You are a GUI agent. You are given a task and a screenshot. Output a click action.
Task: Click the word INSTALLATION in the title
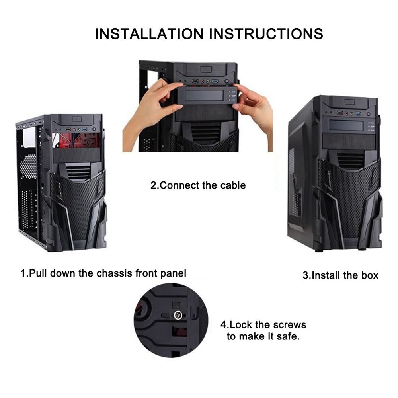149,33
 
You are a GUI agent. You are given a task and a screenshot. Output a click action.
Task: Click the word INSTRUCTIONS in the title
266,33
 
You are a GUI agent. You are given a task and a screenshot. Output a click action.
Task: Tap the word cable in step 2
232,185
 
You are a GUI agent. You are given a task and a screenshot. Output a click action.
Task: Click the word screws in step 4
290,324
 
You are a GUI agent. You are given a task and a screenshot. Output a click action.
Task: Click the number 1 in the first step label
23,273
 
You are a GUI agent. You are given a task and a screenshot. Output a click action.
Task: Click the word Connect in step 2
177,185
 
